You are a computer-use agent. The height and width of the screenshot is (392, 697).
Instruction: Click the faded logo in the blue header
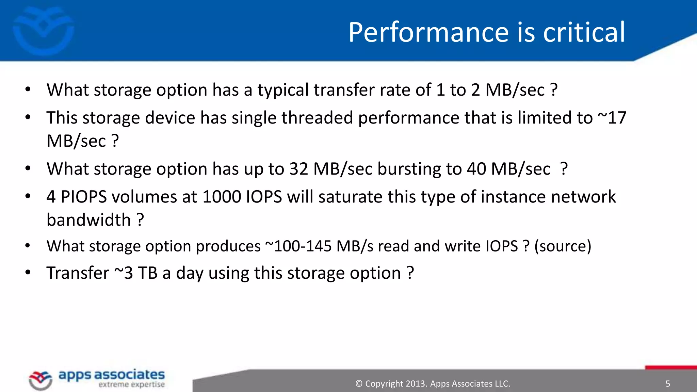point(43,31)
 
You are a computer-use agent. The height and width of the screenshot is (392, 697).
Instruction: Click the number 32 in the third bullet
point(298,169)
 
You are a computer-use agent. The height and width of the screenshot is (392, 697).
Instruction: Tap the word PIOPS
point(84,197)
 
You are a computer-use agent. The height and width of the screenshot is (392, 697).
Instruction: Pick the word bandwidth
point(88,220)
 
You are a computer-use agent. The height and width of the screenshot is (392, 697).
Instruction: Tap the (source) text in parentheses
point(563,246)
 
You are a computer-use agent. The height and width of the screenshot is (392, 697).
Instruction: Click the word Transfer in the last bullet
point(78,273)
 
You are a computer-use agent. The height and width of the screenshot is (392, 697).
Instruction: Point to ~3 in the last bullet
point(124,273)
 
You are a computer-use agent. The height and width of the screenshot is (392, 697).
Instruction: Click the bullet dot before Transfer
point(28,273)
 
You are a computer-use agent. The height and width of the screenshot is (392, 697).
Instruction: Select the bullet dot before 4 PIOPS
point(28,196)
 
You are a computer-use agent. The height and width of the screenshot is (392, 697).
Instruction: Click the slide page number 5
point(667,384)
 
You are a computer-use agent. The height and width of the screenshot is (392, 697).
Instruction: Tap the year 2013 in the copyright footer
point(416,384)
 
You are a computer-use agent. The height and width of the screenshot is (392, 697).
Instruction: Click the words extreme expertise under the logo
point(131,385)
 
